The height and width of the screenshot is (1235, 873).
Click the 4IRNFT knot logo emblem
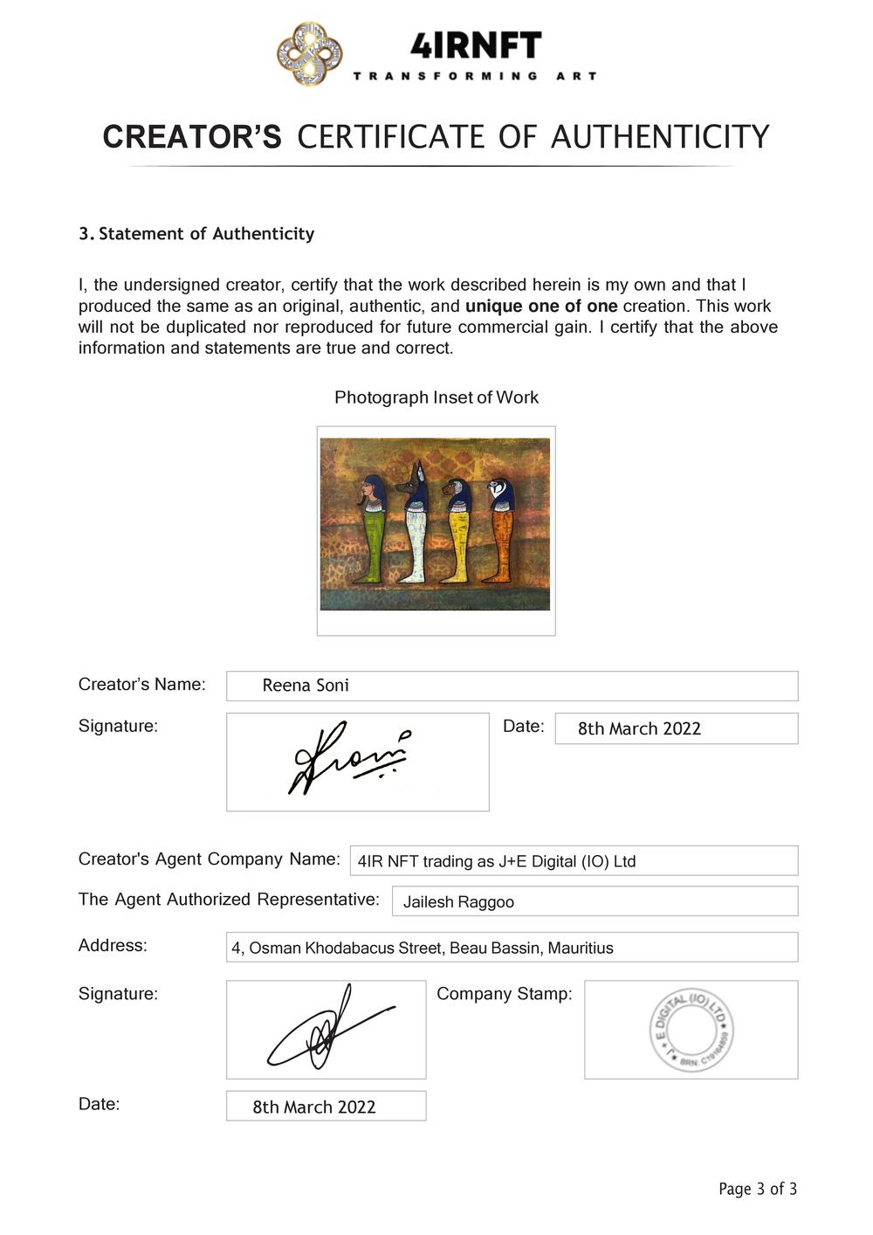coord(309,54)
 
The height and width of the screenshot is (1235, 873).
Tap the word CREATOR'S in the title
coord(192,137)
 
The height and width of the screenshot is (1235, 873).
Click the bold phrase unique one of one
coord(541,306)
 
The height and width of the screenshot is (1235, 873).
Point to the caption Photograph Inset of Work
coord(436,397)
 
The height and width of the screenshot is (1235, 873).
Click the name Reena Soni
coord(306,686)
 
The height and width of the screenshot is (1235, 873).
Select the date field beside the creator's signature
coord(676,728)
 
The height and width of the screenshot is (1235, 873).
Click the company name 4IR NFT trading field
coord(574,861)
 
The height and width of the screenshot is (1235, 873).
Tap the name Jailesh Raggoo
coord(458,902)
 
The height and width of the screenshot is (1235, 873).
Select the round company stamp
coord(691,1031)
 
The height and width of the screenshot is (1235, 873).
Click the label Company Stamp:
coord(505,994)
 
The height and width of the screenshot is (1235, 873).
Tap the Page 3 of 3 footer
coord(758,1189)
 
